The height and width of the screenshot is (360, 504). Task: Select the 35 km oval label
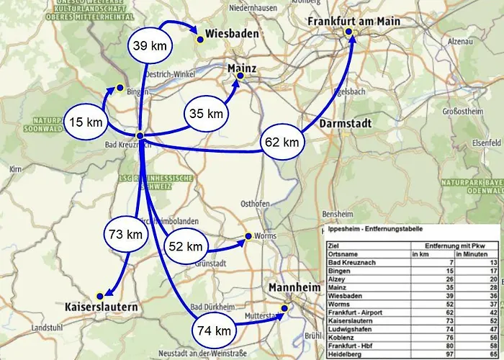[206, 114]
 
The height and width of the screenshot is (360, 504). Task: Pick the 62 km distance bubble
[281, 143]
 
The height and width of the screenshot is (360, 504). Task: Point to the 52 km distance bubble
[185, 247]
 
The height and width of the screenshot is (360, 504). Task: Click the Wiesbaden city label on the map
[232, 34]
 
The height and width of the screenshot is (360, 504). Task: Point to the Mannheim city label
[294, 288]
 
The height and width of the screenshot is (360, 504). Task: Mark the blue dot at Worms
[248, 236]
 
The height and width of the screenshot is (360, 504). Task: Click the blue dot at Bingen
[120, 87]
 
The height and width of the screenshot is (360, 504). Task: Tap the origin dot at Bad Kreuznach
[140, 135]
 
